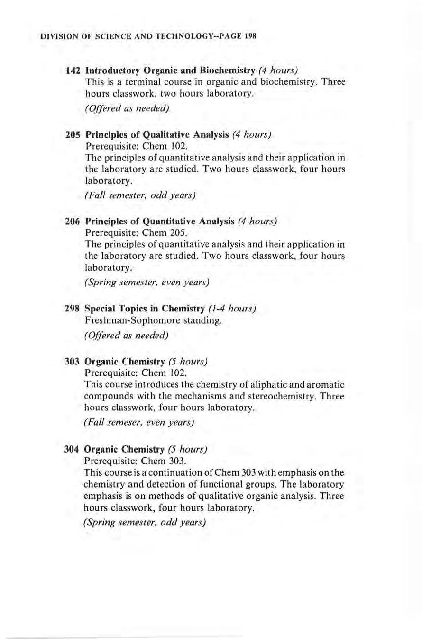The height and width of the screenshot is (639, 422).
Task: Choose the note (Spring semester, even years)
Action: click(x=147, y=283)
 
